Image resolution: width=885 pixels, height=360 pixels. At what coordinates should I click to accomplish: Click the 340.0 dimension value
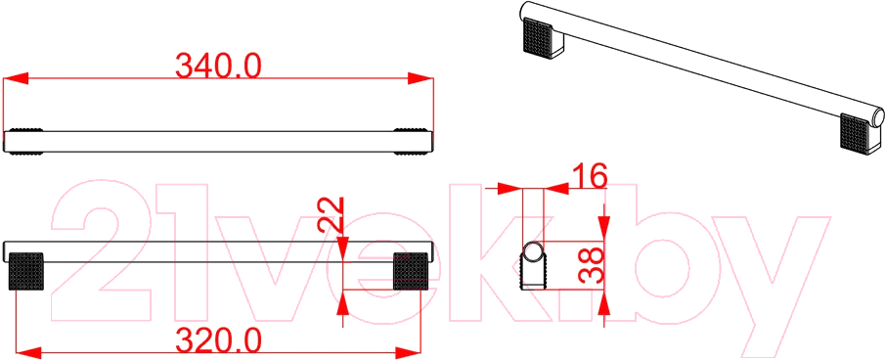(x=218, y=66)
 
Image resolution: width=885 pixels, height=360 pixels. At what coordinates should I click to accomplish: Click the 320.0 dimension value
(x=218, y=339)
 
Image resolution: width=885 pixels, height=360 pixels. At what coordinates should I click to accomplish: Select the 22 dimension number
(x=332, y=213)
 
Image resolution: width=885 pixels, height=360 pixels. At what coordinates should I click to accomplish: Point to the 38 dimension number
(x=592, y=265)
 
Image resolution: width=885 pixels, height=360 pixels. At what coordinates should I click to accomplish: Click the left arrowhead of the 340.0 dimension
(x=16, y=79)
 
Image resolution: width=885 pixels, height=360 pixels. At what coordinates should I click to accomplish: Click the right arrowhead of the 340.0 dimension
(x=421, y=79)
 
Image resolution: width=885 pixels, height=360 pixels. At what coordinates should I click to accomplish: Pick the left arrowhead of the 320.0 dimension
(x=27, y=353)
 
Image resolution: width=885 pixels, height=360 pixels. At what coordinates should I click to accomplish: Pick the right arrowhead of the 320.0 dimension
(x=408, y=353)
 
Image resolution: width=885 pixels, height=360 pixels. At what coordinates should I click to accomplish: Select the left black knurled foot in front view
(x=26, y=271)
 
